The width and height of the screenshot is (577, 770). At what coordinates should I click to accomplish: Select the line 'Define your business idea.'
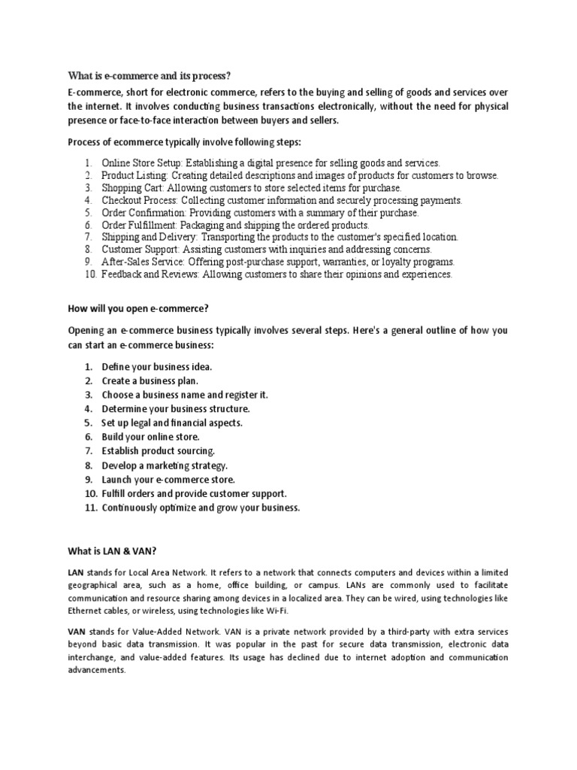(x=157, y=366)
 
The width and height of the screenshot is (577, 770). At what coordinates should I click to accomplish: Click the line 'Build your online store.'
(x=151, y=437)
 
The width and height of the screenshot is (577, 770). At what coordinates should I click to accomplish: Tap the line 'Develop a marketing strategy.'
(x=165, y=465)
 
